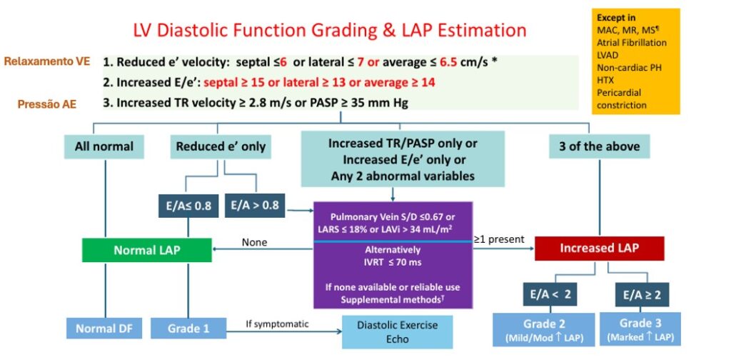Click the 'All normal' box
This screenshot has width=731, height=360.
(104, 146)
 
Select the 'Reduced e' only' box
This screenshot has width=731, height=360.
(221, 146)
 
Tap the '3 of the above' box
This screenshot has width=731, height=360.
(599, 146)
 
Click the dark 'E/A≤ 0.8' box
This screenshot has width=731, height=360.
(188, 206)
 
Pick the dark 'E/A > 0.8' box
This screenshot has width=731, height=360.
(255, 205)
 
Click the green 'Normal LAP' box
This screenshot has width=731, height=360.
(147, 250)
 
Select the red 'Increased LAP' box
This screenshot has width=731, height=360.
(600, 248)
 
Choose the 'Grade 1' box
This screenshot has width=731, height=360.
(188, 329)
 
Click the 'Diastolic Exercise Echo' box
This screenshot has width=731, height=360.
(398, 331)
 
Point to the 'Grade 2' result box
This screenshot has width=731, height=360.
(543, 329)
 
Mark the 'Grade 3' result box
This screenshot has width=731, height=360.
(640, 329)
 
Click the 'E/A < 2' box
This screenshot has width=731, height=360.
(550, 294)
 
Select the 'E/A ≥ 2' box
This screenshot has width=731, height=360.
(642, 294)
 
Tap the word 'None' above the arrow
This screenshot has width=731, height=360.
(254, 242)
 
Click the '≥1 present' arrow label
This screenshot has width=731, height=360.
(499, 240)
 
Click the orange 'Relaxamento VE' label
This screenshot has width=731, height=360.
(47, 61)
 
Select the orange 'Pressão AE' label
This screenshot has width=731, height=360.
(47, 104)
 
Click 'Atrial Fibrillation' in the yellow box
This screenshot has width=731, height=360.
(632, 42)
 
